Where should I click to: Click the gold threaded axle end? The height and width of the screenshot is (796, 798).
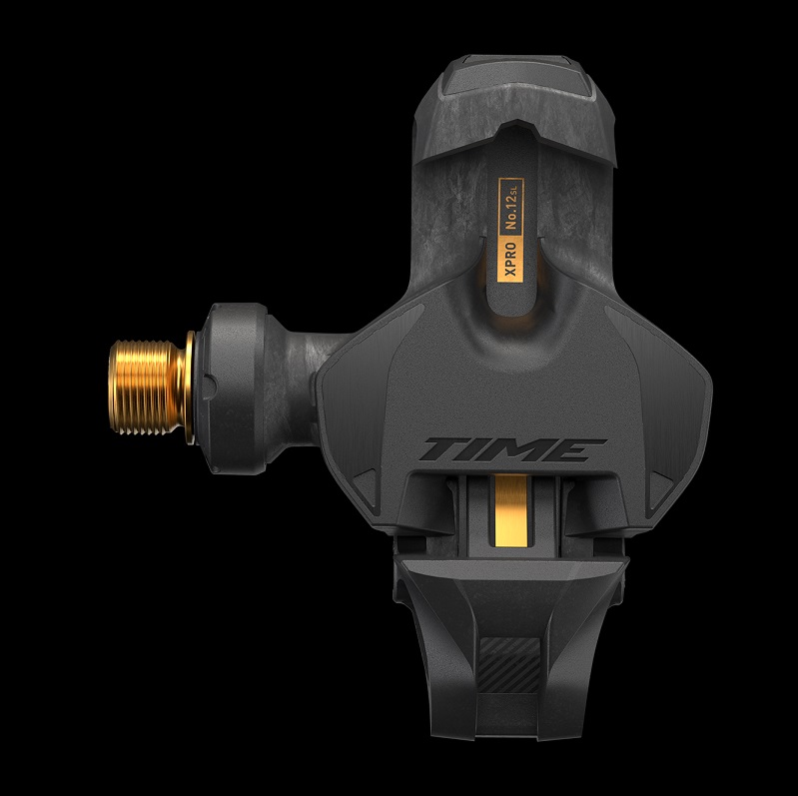pos(147,388)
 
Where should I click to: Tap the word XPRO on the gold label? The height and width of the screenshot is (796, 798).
pos(510,259)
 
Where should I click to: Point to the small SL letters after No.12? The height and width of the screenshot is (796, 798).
pos(513,189)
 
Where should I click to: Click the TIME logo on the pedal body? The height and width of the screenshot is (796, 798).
pos(512,449)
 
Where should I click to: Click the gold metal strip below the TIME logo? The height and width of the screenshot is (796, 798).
pos(511,510)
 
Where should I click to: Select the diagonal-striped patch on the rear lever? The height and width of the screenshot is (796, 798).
pos(510,665)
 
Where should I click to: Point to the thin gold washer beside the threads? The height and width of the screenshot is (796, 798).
pos(190,388)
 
